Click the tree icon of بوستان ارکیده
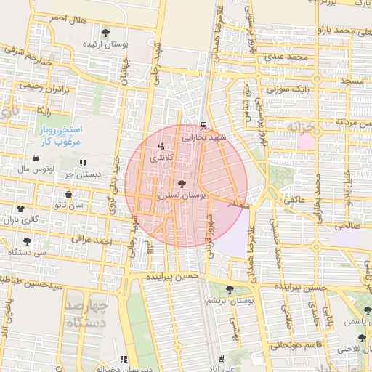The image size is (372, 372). pos(106,33)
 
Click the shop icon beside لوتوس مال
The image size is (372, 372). pos(36,158)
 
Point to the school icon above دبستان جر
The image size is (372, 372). pos(82,163)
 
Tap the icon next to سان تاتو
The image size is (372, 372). pos(68,195)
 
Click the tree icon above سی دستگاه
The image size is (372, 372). pos(27,240)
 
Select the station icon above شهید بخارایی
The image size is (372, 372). pos(204,125)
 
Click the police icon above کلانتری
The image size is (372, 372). pos(161,146)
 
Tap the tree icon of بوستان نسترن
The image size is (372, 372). pos(181,185)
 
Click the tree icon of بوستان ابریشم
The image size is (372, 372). pos(230,288)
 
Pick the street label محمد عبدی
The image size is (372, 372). pos(283,56)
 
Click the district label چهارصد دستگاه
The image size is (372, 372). pos(100,313)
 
